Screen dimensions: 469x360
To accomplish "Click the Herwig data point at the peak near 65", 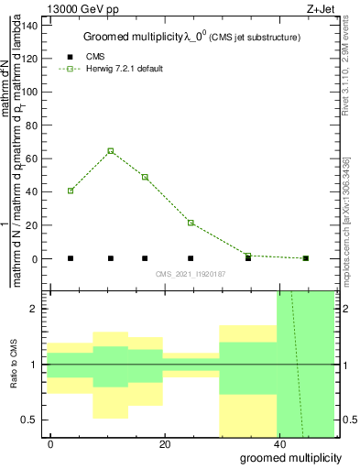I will coord(111,150).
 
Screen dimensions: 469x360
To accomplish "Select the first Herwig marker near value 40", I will coord(71,191).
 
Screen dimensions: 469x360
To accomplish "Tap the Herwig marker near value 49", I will coord(145,177).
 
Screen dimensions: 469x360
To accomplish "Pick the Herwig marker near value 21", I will coord(191,223).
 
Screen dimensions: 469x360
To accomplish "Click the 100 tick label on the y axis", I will coord(30,92).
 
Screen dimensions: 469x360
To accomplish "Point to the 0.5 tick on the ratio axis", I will coord(33,420).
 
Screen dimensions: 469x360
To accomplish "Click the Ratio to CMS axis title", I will coord(13,365).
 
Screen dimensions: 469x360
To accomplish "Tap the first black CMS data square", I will coord(71,258).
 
